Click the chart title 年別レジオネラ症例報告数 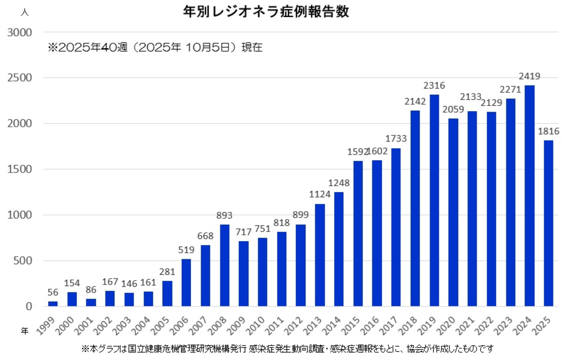click(266, 12)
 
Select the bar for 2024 click(529, 196)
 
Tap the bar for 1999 click(53, 303)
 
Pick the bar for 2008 click(224, 265)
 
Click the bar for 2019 click(434, 201)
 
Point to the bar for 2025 click(548, 223)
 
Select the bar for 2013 click(320, 255)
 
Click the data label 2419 click(529, 76)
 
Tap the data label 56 click(53, 292)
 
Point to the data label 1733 click(396, 139)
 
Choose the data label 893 click(224, 216)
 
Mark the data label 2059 click(453, 109)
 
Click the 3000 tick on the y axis click(20, 33)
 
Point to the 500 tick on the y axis click(23, 261)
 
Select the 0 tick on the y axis click(29, 307)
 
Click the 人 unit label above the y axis click(24, 13)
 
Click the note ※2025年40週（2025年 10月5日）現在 click(155, 48)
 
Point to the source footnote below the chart click(287, 349)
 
